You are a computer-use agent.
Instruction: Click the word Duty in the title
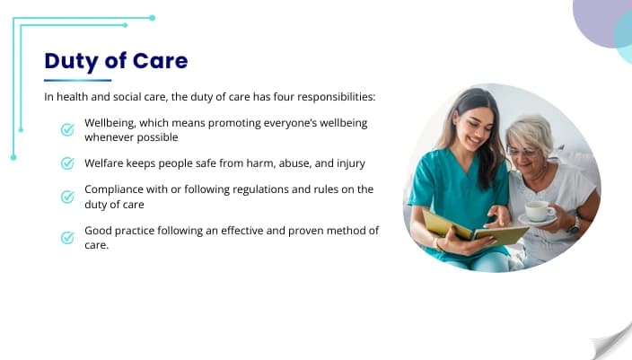pos(71,62)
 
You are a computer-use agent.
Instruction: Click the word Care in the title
pos(160,61)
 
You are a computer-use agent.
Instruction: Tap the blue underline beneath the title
pos(77,80)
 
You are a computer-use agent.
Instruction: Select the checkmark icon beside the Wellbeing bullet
pos(67,129)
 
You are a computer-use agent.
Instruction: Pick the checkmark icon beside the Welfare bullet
pos(67,163)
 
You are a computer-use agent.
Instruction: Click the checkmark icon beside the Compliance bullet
pos(67,197)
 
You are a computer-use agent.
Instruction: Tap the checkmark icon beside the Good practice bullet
pos(67,237)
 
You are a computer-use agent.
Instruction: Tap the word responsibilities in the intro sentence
pos(336,97)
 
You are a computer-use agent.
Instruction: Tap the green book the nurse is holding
pos(474,229)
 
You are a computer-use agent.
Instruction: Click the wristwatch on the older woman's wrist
pos(574,224)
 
